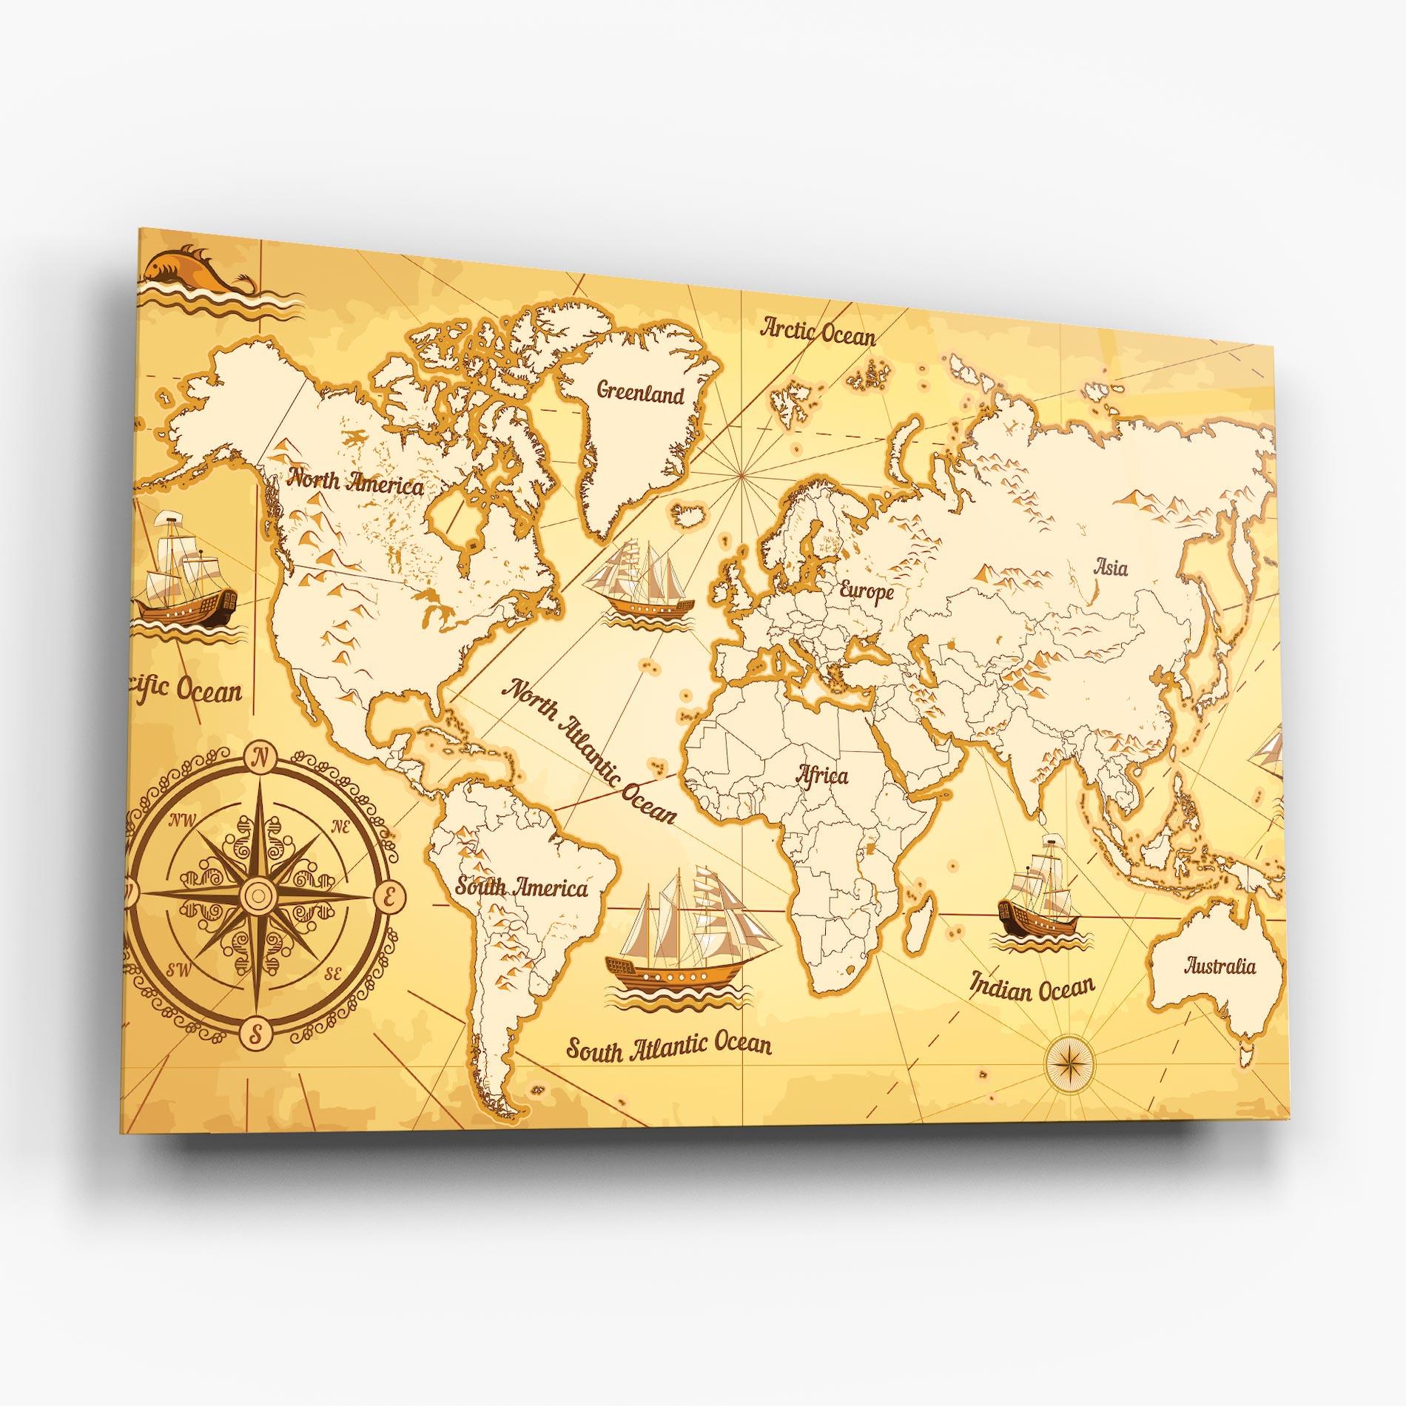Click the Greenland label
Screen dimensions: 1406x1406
(x=640, y=393)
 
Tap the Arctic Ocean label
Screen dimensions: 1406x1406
(x=818, y=332)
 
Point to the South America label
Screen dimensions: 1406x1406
(x=521, y=887)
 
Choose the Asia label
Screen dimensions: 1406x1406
(x=1111, y=568)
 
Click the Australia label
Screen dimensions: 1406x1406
(x=1220, y=966)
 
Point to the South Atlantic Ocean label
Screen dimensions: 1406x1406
(x=669, y=1046)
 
